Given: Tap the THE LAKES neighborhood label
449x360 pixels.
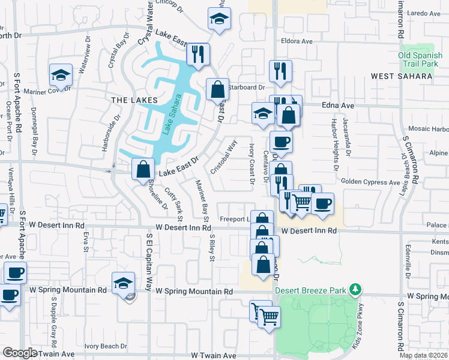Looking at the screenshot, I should click(134, 100).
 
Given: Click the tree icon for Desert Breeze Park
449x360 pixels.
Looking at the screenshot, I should click(355, 290).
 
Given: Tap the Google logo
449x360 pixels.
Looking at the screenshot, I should click(20, 353).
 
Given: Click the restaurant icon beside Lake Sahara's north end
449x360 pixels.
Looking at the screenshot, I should click(197, 55).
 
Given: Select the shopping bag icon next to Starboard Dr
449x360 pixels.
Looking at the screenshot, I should click(217, 90).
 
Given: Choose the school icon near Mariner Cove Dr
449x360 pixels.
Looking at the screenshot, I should click(61, 75).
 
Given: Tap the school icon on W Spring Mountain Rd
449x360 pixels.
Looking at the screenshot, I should click(123, 283).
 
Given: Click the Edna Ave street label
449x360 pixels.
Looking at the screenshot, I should click(338, 105).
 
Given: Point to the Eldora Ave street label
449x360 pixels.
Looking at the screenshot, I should click(297, 41).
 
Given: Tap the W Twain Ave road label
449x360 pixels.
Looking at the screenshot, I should click(214, 355).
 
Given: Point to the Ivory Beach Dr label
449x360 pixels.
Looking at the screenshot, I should click(106, 346).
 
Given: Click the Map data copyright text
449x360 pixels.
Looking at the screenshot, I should click(424, 355).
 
